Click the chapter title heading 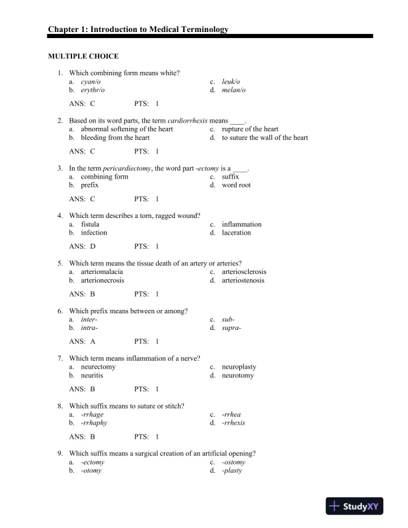click(138, 30)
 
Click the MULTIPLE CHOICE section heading click(83, 57)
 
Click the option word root click(236, 185)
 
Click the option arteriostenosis click(243, 281)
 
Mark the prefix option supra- click(231, 329)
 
